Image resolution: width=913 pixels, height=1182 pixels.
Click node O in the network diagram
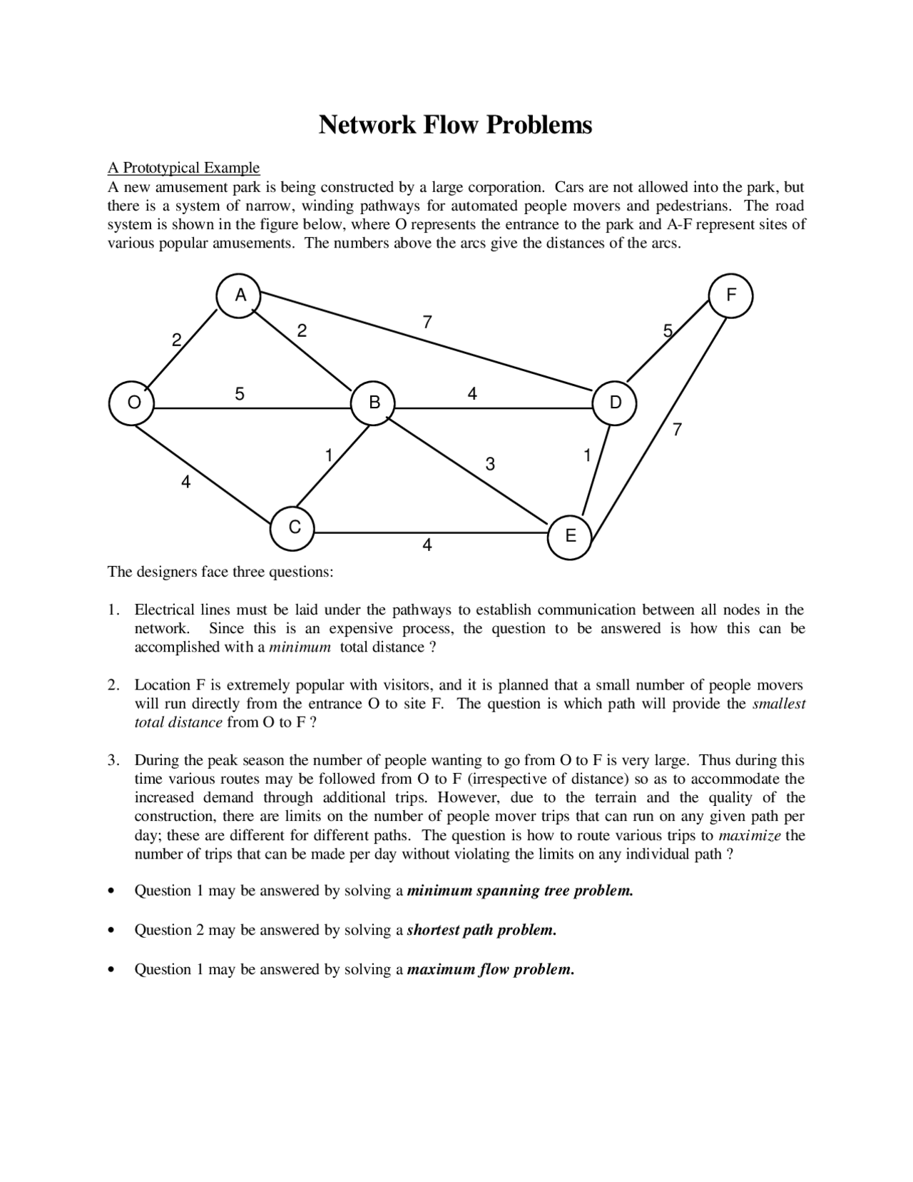(131, 403)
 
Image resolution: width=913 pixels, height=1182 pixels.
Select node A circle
(239, 295)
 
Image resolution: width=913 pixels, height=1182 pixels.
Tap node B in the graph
(374, 403)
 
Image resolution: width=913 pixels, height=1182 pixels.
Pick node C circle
(293, 528)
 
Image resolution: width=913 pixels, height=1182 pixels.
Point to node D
(615, 403)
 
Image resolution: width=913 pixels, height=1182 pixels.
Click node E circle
(570, 537)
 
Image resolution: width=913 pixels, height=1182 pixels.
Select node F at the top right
(730, 295)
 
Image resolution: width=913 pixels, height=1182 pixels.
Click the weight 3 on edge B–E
(489, 465)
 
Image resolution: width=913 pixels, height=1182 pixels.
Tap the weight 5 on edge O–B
(240, 393)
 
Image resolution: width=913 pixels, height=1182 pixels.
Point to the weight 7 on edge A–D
(427, 322)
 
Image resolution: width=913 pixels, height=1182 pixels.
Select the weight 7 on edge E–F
(677, 430)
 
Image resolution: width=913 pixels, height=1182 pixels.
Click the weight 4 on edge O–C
(185, 483)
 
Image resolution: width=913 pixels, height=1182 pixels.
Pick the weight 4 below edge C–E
(427, 546)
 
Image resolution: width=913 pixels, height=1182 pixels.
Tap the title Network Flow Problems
(455, 125)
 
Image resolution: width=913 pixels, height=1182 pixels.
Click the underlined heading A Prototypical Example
(183, 168)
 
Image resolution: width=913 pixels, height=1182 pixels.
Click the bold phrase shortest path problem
(481, 930)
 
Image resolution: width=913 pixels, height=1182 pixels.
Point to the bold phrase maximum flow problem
(490, 969)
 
